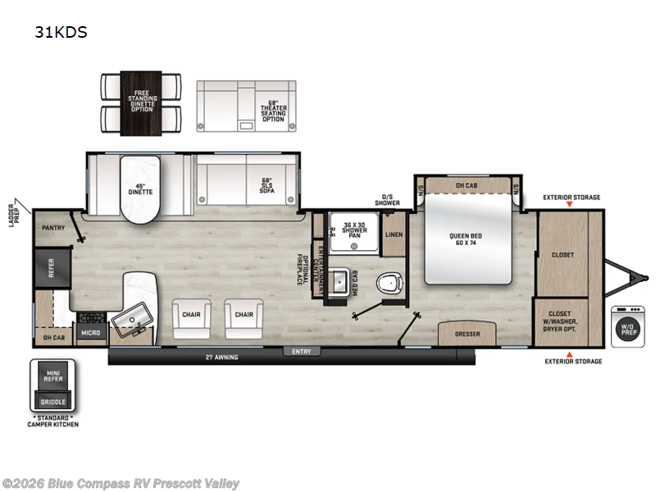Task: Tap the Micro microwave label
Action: (x=89, y=332)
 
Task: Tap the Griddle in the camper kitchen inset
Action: (x=53, y=402)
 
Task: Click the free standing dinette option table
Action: (x=141, y=103)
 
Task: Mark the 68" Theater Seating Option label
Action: (x=273, y=112)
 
